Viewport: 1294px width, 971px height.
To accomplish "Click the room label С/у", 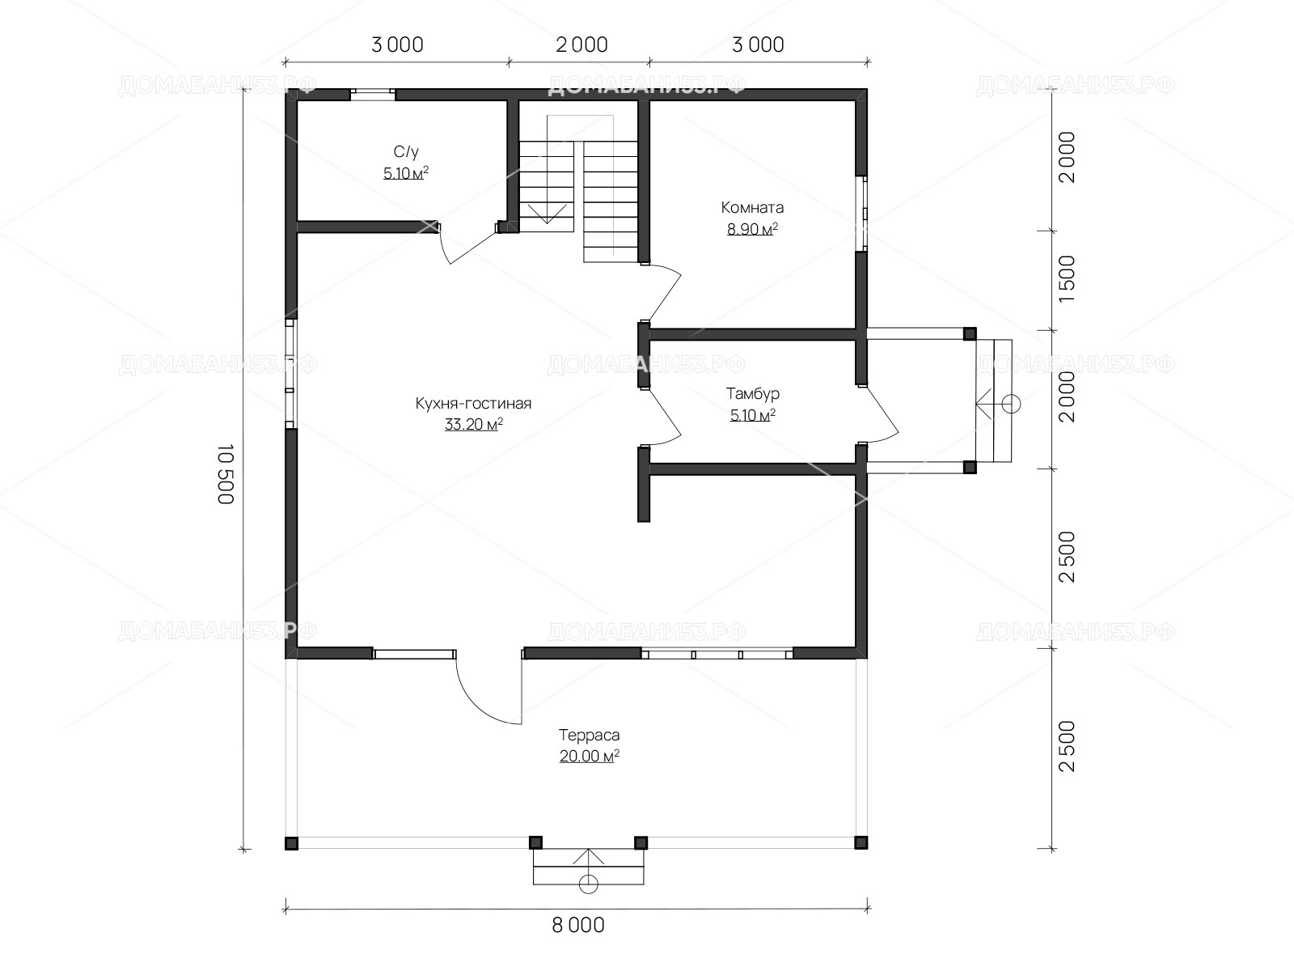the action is click(406, 152).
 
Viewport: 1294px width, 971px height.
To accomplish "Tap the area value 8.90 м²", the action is click(752, 229).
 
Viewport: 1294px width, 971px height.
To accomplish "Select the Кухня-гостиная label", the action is click(473, 403).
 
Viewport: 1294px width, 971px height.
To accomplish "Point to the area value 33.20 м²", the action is click(473, 424).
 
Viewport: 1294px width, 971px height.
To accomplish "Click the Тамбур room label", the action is click(753, 394).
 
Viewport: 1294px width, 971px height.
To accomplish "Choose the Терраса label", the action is click(589, 736).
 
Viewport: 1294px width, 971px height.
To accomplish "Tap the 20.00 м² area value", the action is click(589, 756).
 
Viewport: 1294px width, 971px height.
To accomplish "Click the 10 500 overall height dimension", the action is click(226, 474).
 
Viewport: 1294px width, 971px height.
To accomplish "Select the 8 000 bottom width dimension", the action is click(577, 925).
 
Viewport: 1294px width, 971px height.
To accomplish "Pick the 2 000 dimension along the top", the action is click(581, 45).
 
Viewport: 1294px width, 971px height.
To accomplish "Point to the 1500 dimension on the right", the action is click(1067, 278).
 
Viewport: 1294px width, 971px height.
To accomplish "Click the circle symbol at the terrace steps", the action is click(588, 884).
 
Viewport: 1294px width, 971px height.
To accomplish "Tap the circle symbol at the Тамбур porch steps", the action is click(1011, 405).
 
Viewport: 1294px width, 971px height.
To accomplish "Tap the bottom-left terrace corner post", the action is click(291, 843).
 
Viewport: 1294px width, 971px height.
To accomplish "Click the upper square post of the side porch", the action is click(970, 333).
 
